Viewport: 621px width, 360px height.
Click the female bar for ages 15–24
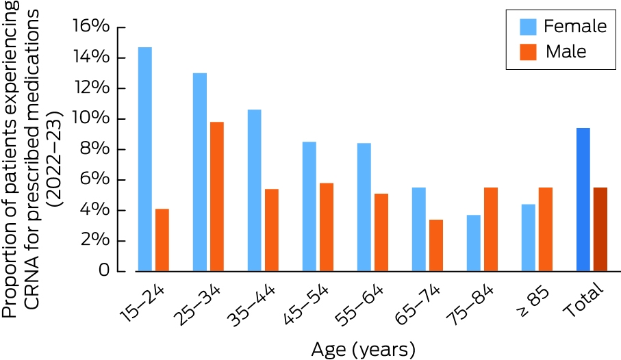click(145, 159)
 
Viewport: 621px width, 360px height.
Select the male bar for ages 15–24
click(162, 240)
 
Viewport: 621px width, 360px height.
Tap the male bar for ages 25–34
click(217, 196)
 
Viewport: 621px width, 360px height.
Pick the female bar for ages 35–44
click(254, 190)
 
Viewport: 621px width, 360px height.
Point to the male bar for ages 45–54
click(327, 227)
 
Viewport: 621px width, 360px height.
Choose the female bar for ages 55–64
click(364, 207)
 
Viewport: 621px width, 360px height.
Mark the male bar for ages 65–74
click(436, 246)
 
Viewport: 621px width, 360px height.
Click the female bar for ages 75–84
click(474, 243)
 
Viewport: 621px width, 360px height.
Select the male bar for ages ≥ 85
click(546, 229)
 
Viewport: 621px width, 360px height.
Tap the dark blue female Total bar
click(583, 200)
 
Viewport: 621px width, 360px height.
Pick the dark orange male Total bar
click(600, 229)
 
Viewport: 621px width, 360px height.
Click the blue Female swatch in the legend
click(528, 27)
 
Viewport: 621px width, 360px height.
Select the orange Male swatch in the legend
click(528, 52)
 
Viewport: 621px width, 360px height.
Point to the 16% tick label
click(90, 26)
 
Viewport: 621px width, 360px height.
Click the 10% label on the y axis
click(90, 118)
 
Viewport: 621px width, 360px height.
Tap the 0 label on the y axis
click(104, 270)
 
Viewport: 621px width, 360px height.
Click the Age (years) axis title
click(363, 350)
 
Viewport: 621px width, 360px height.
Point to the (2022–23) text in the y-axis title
click(55, 158)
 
